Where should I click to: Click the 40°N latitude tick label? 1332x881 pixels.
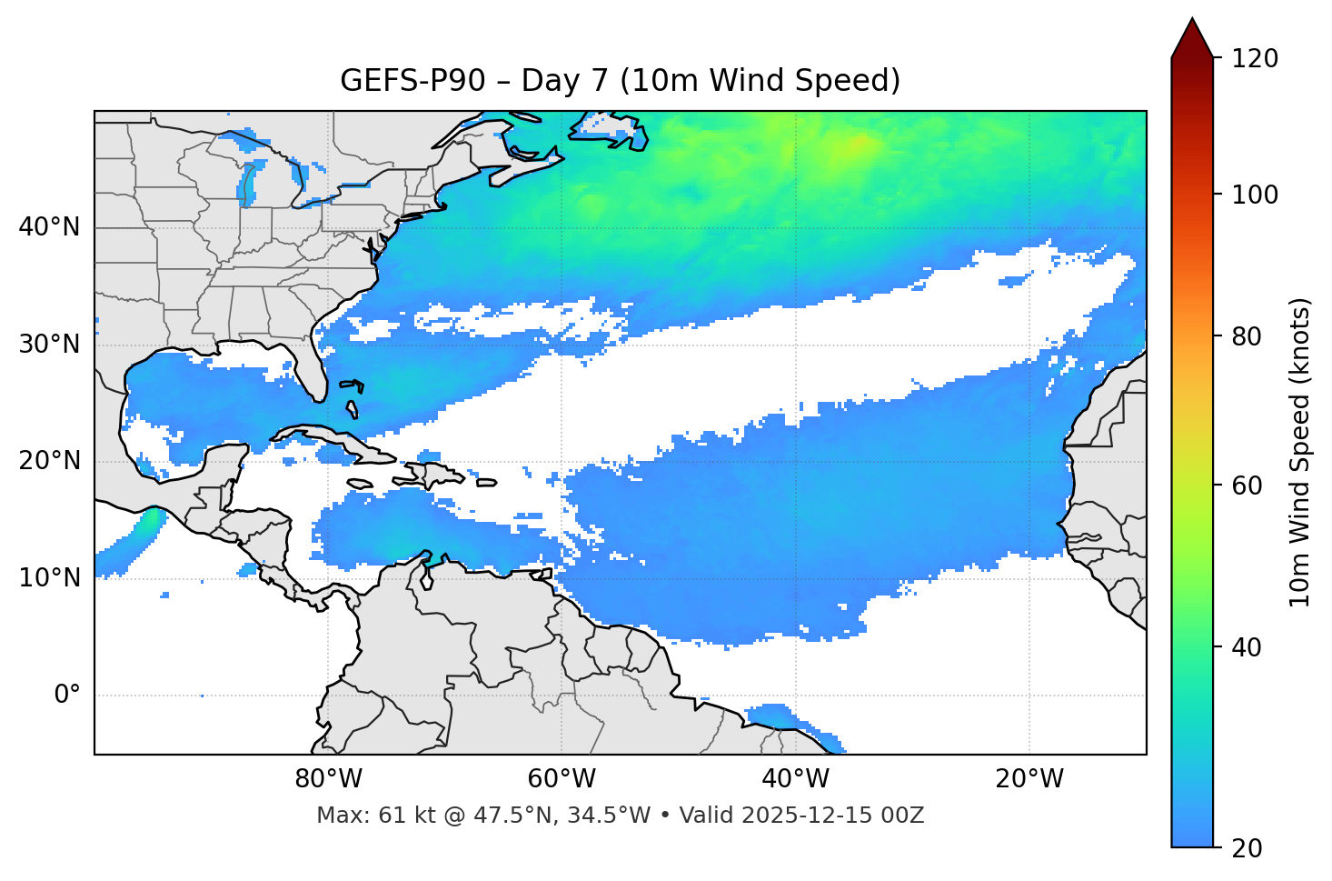pos(49,227)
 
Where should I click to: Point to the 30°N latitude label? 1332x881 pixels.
pos(49,345)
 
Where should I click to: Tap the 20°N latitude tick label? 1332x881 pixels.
pos(49,461)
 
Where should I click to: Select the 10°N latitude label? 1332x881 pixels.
pos(49,578)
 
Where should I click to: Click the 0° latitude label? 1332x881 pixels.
pos(67,696)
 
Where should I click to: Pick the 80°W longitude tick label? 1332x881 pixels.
pos(328,779)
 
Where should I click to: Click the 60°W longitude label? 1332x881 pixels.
pos(562,779)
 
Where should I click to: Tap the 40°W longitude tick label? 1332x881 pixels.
pos(795,779)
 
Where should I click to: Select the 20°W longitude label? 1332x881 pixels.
pos(1029,779)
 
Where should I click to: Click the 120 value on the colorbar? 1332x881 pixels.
pos(1255,59)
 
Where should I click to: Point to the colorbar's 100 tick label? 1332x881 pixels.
pos(1255,195)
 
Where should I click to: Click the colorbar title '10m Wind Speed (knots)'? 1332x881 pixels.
pos(1300,452)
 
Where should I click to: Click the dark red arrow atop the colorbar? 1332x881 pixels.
pos(1192,39)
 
